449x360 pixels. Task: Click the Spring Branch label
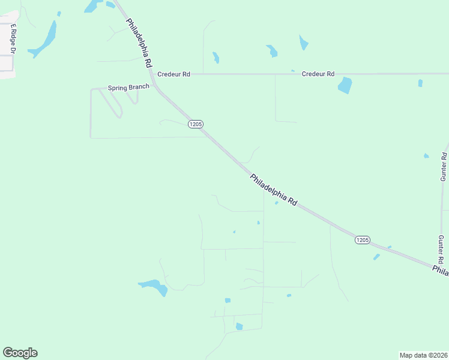[x=128, y=88]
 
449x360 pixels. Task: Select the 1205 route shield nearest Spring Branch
[x=196, y=124]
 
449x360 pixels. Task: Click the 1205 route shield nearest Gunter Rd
[x=362, y=239]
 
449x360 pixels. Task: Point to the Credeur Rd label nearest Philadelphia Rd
[x=173, y=74]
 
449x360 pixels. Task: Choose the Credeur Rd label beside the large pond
[x=318, y=74]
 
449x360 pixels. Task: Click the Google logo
[x=20, y=353]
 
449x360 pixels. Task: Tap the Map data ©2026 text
[x=423, y=355]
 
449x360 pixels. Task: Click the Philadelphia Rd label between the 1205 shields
[x=274, y=190]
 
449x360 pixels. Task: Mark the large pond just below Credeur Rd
[x=345, y=85]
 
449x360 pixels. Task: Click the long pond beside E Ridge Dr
[x=44, y=40]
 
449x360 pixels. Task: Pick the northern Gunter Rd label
[x=444, y=167]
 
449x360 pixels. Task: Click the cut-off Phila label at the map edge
[x=441, y=271]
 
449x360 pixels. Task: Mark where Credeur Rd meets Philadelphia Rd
[x=152, y=74]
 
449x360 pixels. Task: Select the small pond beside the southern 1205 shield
[x=376, y=257]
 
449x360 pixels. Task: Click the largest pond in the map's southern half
[x=152, y=286]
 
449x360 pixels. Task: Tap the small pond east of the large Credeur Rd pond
[x=420, y=83]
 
